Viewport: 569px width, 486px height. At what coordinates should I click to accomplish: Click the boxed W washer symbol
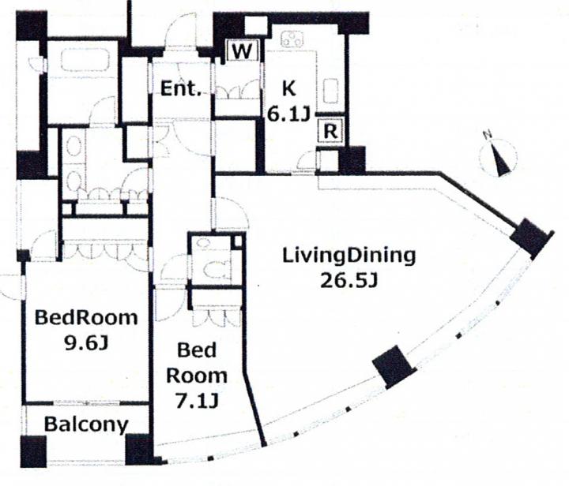point(242,51)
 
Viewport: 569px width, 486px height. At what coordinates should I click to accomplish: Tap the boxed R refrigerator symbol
point(330,131)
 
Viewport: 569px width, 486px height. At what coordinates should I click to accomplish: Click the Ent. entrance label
point(181,88)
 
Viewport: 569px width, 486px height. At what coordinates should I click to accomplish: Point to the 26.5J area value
point(349,281)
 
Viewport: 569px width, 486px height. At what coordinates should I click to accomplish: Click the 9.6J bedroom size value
point(86,342)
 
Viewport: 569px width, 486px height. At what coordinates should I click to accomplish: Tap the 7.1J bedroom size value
point(197,401)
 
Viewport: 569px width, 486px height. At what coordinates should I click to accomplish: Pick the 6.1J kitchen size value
point(288,115)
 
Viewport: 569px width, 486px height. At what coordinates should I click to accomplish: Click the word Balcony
point(86,424)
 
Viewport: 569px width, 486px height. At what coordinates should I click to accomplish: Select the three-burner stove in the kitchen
point(292,39)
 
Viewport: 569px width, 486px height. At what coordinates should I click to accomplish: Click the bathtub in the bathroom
point(85,60)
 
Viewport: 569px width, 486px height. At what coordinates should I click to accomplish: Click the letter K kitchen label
point(288,88)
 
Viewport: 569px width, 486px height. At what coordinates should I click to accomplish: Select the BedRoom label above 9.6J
point(86,318)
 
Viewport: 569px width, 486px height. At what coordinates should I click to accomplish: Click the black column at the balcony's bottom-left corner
point(33,451)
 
